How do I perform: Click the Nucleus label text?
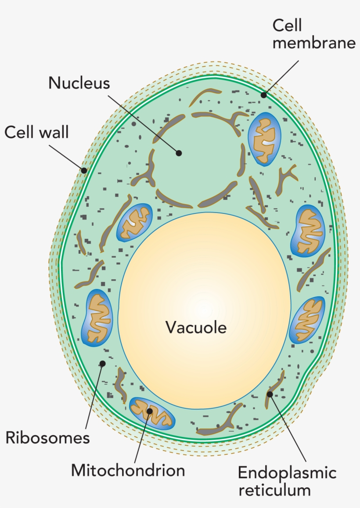[79, 83]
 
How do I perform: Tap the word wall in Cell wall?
[54, 132]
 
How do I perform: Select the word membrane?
[313, 43]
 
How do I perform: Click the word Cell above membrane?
[287, 25]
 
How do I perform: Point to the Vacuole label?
[196, 327]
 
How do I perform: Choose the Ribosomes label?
[47, 438]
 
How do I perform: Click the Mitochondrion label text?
[128, 470]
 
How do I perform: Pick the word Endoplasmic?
[287, 473]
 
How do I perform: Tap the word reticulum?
[274, 490]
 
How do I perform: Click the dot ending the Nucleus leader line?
[179, 153]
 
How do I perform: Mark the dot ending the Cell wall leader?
[84, 170]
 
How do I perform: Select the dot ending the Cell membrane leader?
[264, 95]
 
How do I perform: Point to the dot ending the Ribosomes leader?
[102, 364]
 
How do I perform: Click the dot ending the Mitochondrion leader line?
[150, 411]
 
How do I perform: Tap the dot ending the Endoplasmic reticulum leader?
[270, 394]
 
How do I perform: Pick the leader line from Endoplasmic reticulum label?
[288, 428]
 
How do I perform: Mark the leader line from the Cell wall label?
[67, 158]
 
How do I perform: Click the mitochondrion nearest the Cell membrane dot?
[264, 139]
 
